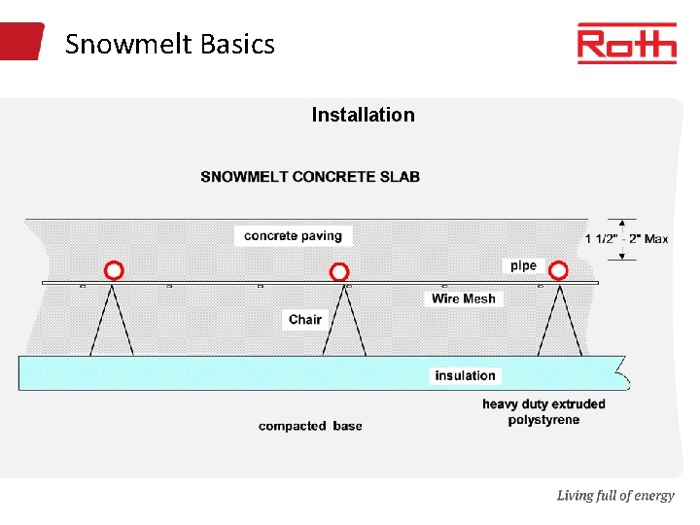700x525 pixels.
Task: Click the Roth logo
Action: point(626,44)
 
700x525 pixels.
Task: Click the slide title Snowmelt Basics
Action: point(170,44)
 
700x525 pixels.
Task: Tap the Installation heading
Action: point(363,115)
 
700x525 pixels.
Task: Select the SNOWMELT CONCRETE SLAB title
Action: point(310,177)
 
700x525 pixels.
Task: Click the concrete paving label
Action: point(293,235)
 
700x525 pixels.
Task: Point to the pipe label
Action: point(523,265)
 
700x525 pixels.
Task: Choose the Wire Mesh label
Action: point(464,298)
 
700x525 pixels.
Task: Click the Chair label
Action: point(305,319)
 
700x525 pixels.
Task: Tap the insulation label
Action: point(465,375)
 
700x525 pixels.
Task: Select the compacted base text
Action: point(310,426)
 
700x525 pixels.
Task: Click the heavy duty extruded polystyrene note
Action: point(543,412)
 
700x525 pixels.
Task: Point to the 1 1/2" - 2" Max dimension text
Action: point(626,239)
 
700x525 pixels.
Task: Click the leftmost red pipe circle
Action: point(114,270)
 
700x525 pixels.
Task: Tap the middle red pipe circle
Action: point(338,272)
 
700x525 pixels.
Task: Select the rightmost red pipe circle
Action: point(558,270)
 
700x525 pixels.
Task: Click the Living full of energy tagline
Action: point(614,496)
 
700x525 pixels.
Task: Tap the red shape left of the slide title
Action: point(21,42)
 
